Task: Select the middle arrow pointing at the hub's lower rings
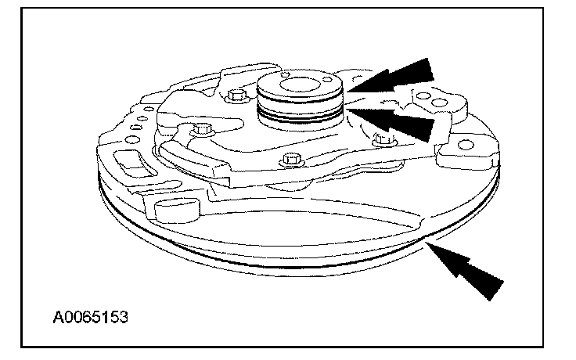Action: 401,122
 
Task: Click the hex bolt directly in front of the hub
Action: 291,159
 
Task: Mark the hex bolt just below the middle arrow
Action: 382,140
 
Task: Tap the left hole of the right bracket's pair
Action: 423,99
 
